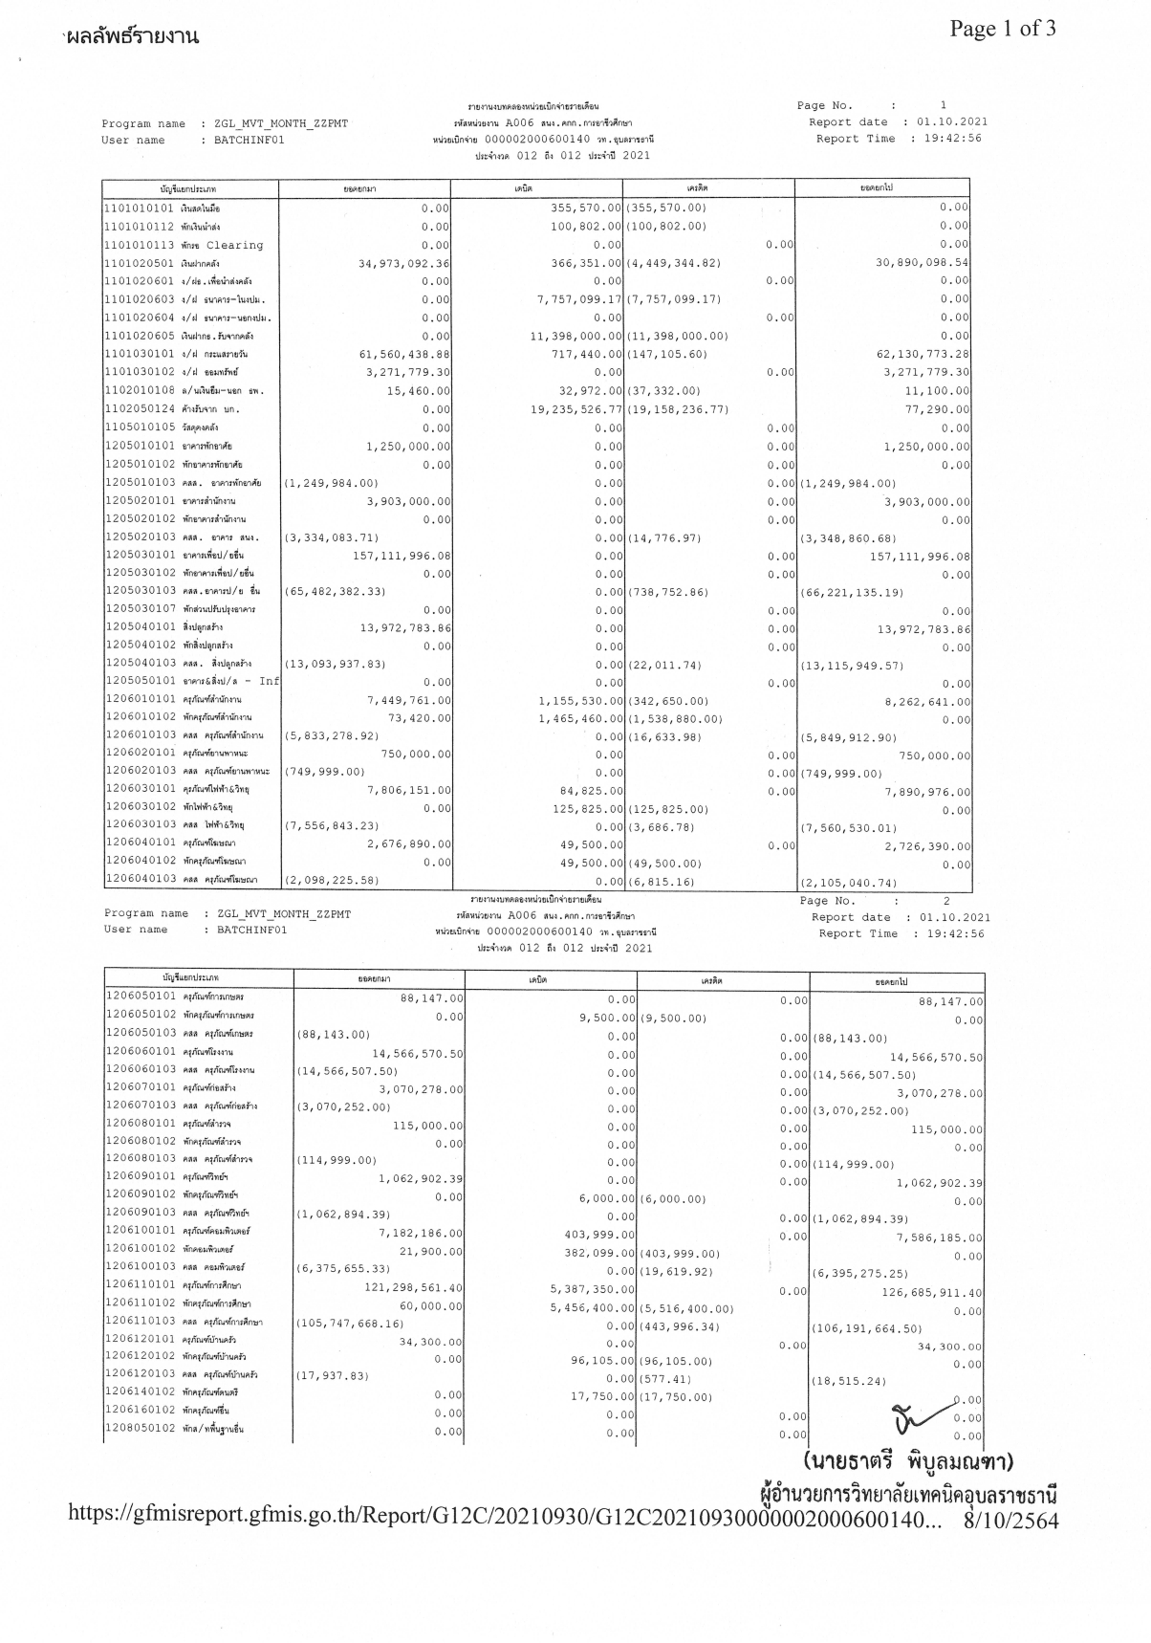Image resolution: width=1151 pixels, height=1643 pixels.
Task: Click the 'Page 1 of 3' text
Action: click(x=1003, y=29)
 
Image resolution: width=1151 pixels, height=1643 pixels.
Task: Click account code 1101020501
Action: click(x=138, y=263)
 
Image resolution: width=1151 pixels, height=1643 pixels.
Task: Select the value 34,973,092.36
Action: click(x=403, y=263)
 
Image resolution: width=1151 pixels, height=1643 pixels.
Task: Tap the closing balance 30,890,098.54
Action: click(x=922, y=262)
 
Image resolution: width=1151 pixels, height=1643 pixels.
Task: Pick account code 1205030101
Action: click(x=138, y=555)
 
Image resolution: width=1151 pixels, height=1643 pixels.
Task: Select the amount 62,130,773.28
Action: click(x=922, y=354)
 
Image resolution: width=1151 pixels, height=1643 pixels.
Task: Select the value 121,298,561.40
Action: click(x=413, y=1288)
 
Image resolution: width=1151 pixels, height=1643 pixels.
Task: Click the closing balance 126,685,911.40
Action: click(x=932, y=1293)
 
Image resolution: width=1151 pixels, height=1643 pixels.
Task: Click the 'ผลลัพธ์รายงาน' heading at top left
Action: click(x=133, y=37)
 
